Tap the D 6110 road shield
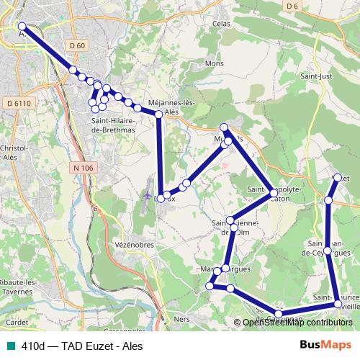18,103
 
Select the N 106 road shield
83,168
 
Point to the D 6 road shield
292,6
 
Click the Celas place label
220,24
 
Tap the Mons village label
214,63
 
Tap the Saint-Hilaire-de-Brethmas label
113,125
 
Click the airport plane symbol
148,194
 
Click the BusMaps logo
326,346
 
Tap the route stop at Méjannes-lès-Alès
159,114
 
